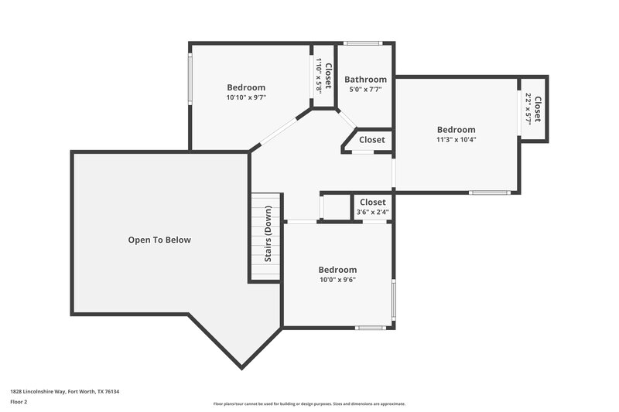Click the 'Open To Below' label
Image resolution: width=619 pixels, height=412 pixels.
tap(159, 240)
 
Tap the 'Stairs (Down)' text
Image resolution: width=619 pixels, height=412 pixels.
tap(268, 233)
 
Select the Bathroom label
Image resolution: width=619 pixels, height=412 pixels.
tap(365, 80)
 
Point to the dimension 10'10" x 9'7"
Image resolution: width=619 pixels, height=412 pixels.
tap(246, 98)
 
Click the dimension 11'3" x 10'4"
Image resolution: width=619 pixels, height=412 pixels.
tap(456, 140)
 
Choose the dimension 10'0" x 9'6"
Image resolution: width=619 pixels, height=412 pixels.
tap(337, 280)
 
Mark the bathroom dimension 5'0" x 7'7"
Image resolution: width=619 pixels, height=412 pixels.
tap(365, 90)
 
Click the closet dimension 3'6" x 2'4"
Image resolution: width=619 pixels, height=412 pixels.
tap(372, 213)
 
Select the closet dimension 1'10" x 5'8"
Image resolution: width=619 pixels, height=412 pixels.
tap(319, 77)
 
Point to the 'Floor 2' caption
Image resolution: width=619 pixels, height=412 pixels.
tap(19, 402)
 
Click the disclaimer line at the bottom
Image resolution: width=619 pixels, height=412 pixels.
tap(309, 403)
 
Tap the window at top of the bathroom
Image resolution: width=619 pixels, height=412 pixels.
tap(363, 43)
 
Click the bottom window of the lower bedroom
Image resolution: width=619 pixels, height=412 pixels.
tap(370, 328)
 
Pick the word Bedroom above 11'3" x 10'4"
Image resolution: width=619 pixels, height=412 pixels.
tap(456, 130)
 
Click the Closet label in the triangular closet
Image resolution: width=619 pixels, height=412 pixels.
tap(371, 140)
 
